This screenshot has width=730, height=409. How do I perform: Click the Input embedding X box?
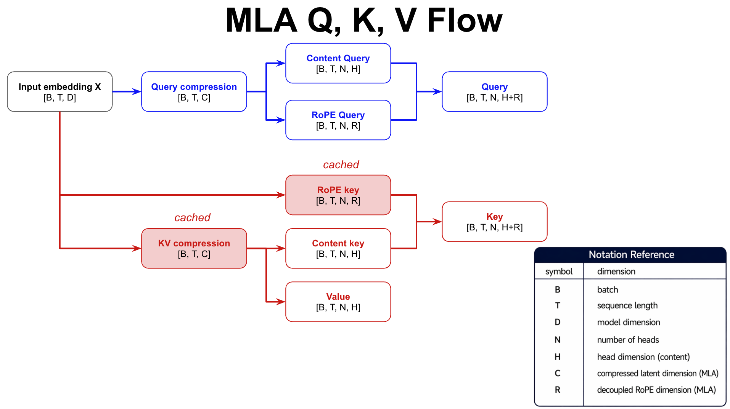pos(59,91)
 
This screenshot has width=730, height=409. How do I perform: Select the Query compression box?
pos(194,91)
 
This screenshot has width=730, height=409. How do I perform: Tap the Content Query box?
pos(338,63)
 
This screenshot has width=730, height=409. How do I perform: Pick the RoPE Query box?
pos(338,120)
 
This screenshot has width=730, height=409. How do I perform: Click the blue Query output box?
pos(494,91)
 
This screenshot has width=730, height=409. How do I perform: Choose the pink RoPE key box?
pos(338,195)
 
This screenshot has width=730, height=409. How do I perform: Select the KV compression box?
pos(194,248)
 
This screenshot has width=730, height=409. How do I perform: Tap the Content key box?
pos(338,248)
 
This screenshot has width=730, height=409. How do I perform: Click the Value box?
pos(338,302)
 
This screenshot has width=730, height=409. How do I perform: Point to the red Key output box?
pos(494,222)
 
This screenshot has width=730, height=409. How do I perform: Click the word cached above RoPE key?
pos(341,165)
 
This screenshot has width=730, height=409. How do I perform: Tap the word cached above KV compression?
pos(192,217)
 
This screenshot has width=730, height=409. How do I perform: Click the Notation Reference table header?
pos(631,255)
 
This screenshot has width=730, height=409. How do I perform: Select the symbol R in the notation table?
pos(558,390)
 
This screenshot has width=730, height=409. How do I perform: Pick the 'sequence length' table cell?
pos(627,305)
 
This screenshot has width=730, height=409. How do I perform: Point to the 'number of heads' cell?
pos(628,340)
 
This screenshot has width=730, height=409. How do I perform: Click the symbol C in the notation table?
pos(558,373)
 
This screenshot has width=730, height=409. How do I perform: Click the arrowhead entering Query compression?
pos(137,91)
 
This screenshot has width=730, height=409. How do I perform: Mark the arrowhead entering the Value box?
pos(281,302)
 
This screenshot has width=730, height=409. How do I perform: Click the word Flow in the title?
pos(465,21)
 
